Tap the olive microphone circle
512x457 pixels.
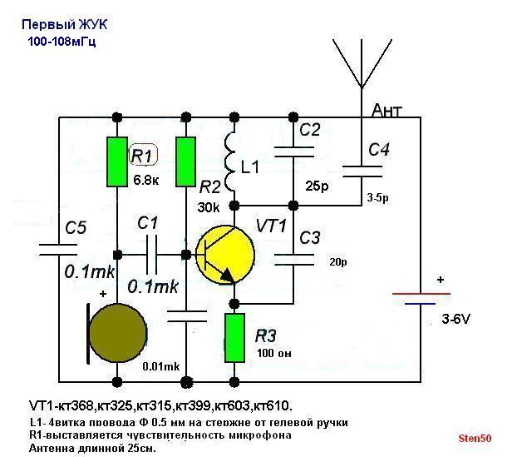pyautogui.click(x=122, y=331)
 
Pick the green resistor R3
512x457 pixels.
pyautogui.click(x=234, y=336)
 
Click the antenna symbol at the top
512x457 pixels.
pyautogui.click(x=362, y=62)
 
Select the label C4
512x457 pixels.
pyautogui.click(x=379, y=149)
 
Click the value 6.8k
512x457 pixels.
pyautogui.click(x=146, y=178)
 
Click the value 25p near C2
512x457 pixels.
pyautogui.click(x=316, y=184)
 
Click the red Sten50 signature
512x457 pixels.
pyautogui.click(x=475, y=438)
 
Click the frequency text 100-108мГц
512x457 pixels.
pyautogui.click(x=61, y=40)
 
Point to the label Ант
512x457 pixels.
pyautogui.click(x=388, y=111)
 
